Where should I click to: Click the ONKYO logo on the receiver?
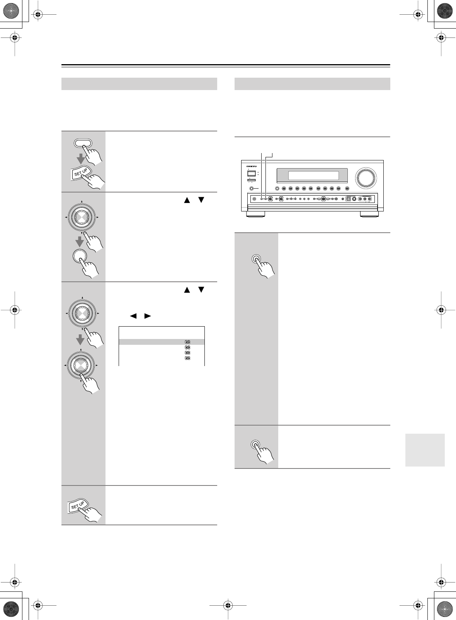click(x=252, y=166)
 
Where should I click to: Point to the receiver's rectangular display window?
click(x=313, y=175)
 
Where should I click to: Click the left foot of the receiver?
click(x=255, y=213)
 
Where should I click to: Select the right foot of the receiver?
click(x=369, y=213)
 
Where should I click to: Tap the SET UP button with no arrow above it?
click(x=78, y=505)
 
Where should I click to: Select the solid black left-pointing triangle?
click(x=133, y=316)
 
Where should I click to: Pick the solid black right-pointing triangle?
click(x=147, y=316)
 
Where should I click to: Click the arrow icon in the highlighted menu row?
click(x=187, y=342)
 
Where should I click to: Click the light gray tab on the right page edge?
click(x=425, y=450)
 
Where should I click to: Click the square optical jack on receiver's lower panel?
click(x=347, y=199)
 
